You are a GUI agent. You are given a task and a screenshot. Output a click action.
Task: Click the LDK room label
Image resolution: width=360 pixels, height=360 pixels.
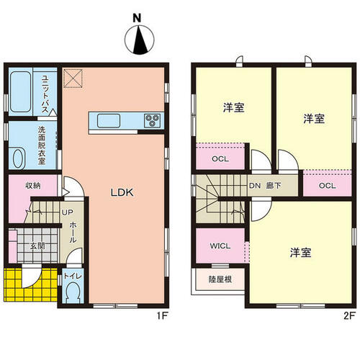tap(122, 192)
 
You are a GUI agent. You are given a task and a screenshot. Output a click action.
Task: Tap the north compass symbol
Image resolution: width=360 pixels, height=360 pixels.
tap(140, 40)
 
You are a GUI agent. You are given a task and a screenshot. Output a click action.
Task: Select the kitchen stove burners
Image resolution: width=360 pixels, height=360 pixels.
tap(152, 120)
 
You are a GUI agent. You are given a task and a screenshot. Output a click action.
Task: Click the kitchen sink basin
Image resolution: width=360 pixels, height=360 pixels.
tap(109, 121)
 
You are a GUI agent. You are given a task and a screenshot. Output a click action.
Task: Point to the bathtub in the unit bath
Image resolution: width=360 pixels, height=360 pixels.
tap(21, 92)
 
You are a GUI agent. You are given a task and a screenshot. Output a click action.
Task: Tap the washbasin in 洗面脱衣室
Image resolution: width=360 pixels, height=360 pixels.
tap(18, 158)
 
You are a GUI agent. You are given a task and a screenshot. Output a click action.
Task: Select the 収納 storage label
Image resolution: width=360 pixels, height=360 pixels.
tap(33, 186)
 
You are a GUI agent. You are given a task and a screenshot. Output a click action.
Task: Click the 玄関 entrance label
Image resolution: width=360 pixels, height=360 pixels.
tap(37, 246)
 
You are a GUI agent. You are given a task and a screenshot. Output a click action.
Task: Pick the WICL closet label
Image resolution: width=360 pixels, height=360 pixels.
tap(220, 246)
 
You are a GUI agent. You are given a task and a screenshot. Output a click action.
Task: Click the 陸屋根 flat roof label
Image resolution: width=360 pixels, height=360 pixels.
tap(220, 279)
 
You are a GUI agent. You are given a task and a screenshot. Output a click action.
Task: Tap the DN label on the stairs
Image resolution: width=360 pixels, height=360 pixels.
tap(255, 186)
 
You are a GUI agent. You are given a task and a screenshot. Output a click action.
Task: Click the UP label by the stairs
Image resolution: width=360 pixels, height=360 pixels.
tap(68, 212)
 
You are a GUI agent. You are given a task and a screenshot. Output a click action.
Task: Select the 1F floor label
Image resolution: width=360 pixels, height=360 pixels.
tap(162, 316)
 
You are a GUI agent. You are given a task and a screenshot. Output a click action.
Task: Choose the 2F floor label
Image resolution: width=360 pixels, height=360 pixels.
tap(349, 316)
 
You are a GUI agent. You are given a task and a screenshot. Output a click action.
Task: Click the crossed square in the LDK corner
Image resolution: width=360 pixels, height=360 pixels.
tap(73, 78)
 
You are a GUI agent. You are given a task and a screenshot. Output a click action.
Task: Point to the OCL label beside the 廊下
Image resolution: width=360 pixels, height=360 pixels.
tap(328, 186)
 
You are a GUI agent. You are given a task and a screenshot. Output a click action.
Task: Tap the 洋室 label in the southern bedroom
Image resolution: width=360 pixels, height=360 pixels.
tap(300, 253)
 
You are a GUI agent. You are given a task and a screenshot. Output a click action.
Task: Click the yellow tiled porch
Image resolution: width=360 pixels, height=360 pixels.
tap(31, 284)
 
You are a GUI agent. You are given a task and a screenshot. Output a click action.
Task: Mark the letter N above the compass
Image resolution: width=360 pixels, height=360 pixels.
tap(137, 18)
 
